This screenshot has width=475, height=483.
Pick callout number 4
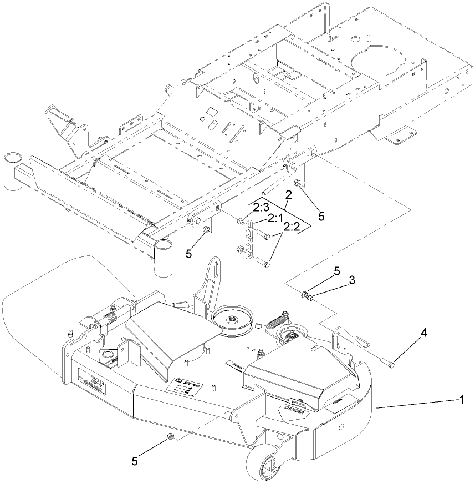click(423, 333)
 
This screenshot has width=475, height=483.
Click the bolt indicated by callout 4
click(388, 364)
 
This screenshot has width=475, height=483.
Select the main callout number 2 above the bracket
click(288, 194)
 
